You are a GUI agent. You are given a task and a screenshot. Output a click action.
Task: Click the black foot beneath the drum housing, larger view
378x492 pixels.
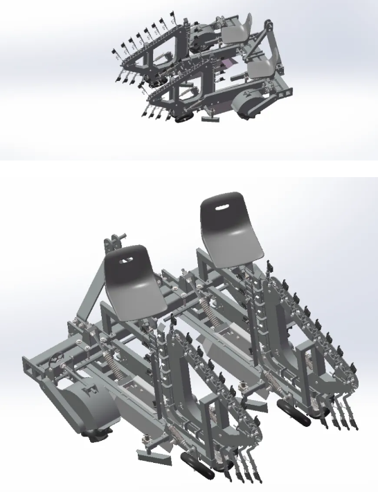pos(98,435)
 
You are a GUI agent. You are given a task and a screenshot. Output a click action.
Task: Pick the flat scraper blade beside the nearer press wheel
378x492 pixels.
pos(153,456)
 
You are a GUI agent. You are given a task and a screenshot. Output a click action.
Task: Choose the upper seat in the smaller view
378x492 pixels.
pos(236,30)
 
